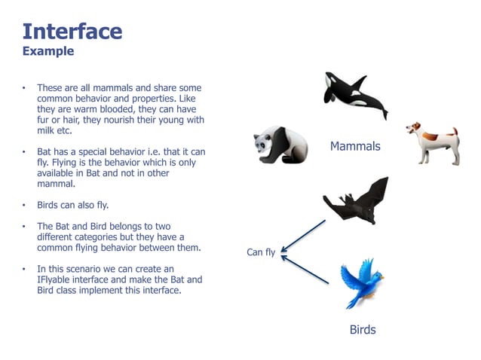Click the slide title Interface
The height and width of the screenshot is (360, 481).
(x=72, y=31)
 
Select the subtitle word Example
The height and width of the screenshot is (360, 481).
(x=48, y=51)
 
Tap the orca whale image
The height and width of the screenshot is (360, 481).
(x=354, y=95)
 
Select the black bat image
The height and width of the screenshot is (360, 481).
(x=357, y=201)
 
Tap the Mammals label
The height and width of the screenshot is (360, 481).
(x=355, y=146)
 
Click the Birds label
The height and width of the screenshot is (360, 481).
(x=362, y=330)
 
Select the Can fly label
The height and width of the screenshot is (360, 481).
(x=261, y=252)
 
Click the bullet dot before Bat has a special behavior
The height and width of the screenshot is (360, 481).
(x=24, y=152)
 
